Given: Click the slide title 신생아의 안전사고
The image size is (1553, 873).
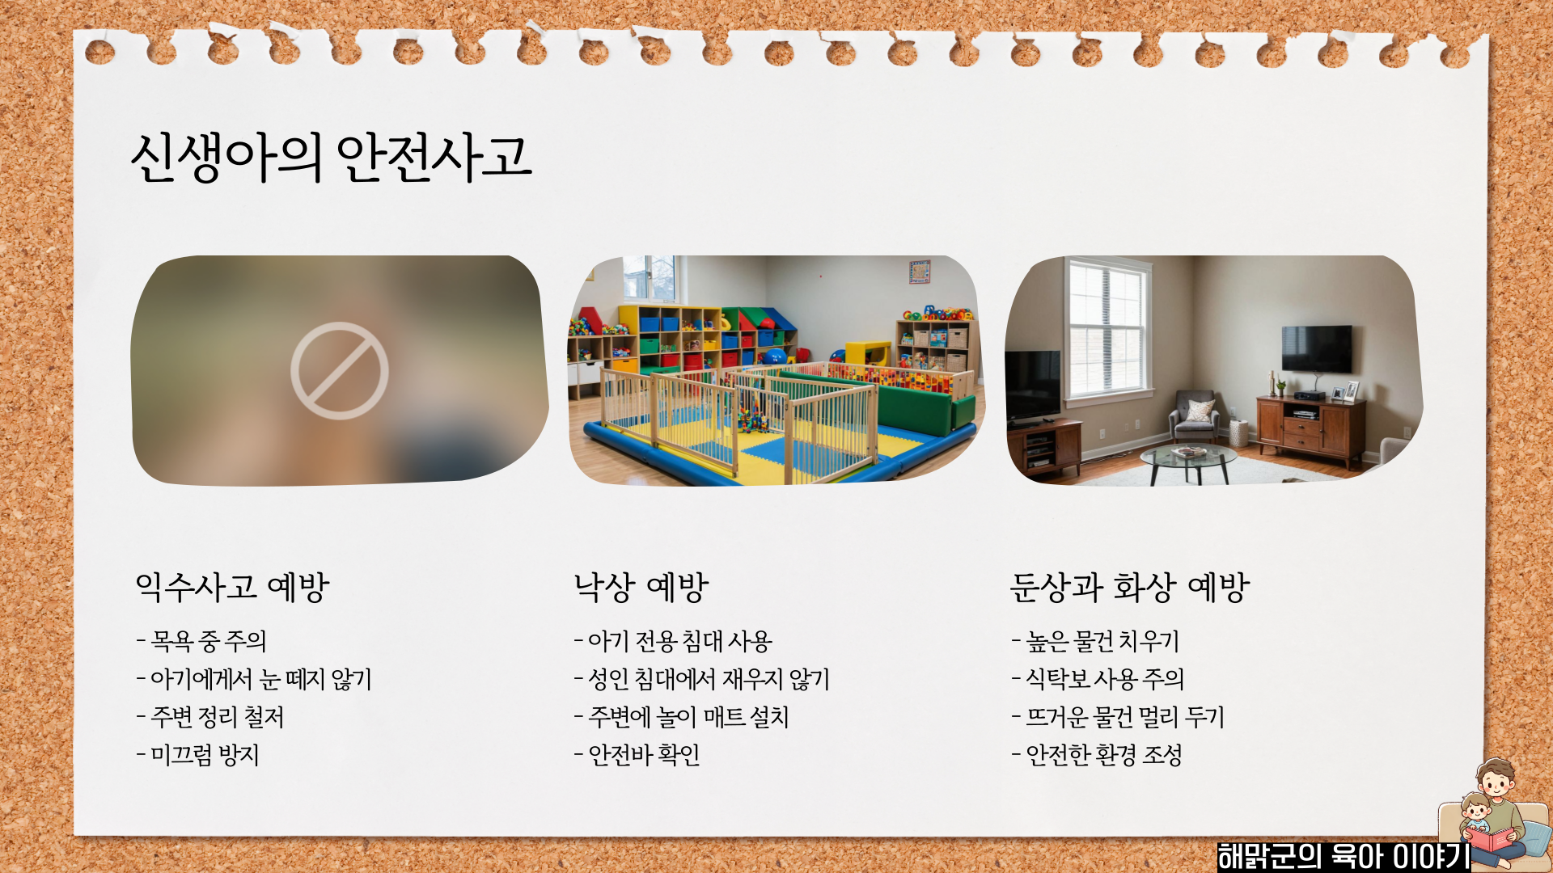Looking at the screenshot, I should click(x=331, y=158).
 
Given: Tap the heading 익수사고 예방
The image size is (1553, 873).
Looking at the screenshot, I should click(x=232, y=588).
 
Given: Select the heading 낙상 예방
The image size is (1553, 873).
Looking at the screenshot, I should click(x=641, y=588).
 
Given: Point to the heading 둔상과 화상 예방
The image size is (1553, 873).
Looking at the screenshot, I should click(x=1130, y=588).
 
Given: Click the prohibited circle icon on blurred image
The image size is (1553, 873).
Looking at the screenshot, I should click(x=340, y=371).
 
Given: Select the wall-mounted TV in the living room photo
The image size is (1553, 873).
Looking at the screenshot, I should click(x=1316, y=348).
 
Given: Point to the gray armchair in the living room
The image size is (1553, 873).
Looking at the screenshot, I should click(x=1194, y=414).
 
